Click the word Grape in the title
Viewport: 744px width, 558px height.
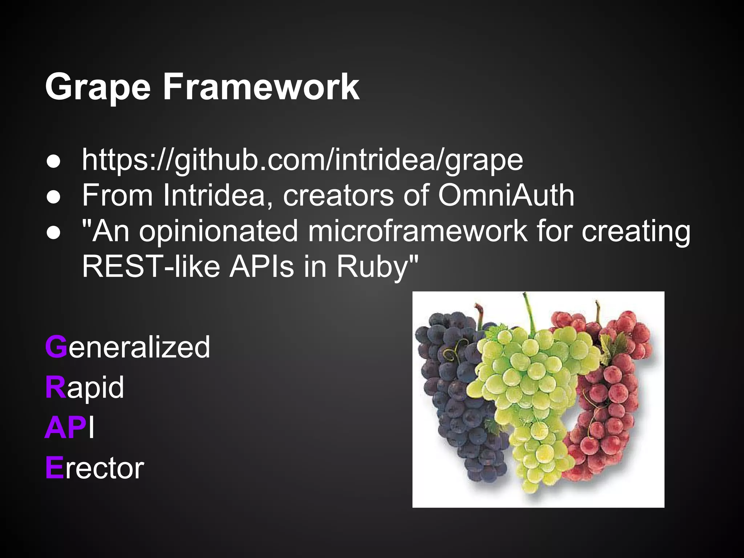pyautogui.click(x=97, y=87)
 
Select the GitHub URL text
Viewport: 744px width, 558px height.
pyautogui.click(x=302, y=160)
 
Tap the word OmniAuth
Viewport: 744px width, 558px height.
pyautogui.click(x=506, y=195)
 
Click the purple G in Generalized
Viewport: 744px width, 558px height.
pyautogui.click(x=56, y=347)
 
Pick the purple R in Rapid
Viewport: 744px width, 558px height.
pyautogui.click(x=55, y=387)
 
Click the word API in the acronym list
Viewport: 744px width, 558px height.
pyautogui.click(x=69, y=428)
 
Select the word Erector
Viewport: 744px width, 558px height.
pyautogui.click(x=94, y=468)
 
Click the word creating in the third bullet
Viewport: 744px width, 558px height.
pyautogui.click(x=636, y=231)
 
